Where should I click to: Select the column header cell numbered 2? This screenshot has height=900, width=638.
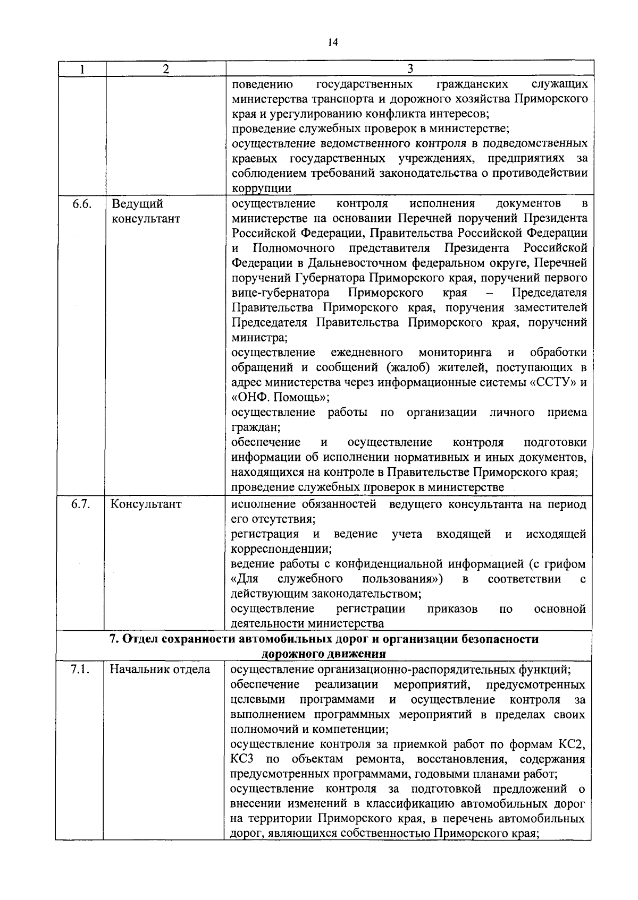tap(165, 69)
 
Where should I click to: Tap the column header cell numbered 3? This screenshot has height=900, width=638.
tap(409, 69)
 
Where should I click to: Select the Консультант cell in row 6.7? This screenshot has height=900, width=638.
tap(146, 504)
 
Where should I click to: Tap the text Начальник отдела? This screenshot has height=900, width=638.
tap(159, 670)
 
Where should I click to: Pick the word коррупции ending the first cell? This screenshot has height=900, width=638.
tap(262, 188)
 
